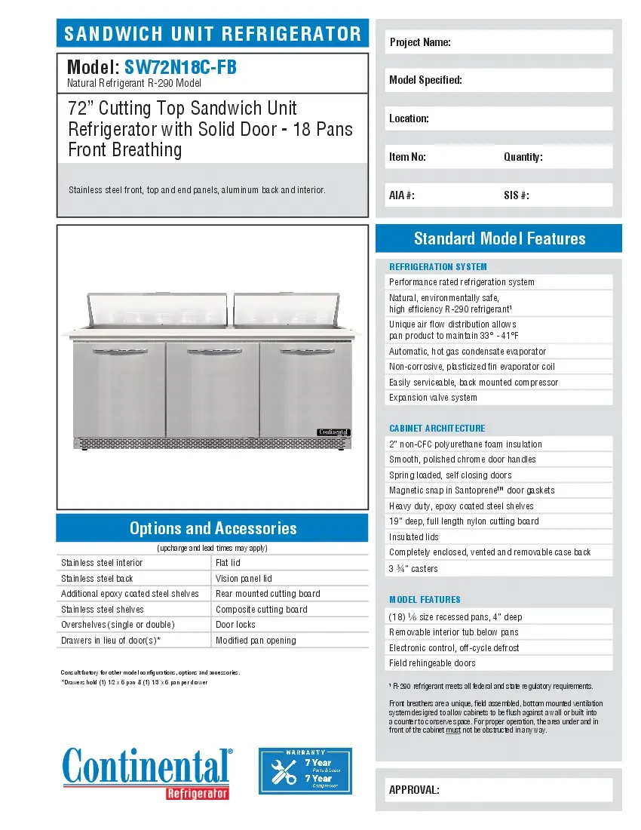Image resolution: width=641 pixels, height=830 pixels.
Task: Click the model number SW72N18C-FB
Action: [180, 68]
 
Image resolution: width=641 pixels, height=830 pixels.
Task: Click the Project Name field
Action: [499, 42]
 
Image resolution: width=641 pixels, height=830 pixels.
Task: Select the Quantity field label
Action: [523, 157]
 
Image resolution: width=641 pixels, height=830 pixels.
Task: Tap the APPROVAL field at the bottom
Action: [499, 790]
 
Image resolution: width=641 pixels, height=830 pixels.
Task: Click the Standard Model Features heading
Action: [499, 239]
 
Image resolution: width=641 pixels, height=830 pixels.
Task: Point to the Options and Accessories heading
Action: [213, 528]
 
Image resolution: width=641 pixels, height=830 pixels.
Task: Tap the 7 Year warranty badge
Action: [305, 770]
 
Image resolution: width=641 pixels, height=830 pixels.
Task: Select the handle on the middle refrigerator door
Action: [213, 352]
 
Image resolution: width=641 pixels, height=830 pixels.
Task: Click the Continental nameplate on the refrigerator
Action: [333, 432]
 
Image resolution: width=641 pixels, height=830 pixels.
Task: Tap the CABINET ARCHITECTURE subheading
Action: [437, 429]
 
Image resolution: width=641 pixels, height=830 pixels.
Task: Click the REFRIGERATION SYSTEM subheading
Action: [438, 267]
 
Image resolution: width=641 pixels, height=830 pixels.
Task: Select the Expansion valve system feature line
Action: [433, 398]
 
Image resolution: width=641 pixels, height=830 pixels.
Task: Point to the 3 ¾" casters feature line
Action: [413, 569]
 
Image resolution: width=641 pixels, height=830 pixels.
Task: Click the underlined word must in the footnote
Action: [452, 730]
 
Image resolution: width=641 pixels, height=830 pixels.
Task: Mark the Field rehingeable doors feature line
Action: [432, 663]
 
